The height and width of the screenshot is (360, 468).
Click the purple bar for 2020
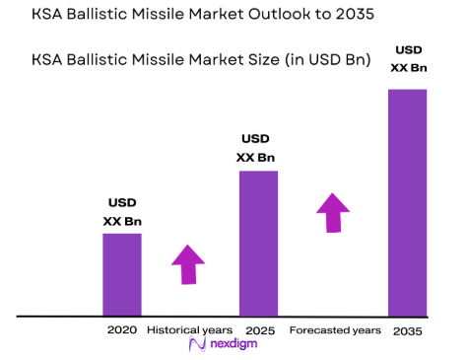pos(122,274)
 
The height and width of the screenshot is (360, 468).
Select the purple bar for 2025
pos(258,243)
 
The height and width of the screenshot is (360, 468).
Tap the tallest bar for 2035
pos(407,202)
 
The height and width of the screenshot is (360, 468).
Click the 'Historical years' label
pos(189,328)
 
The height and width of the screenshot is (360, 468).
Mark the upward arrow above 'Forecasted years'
pos(333,212)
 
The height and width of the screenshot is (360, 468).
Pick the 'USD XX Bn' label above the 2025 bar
pos(255,148)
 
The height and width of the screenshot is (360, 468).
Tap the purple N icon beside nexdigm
pos(195,344)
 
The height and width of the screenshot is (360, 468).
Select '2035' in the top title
pos(352,16)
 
